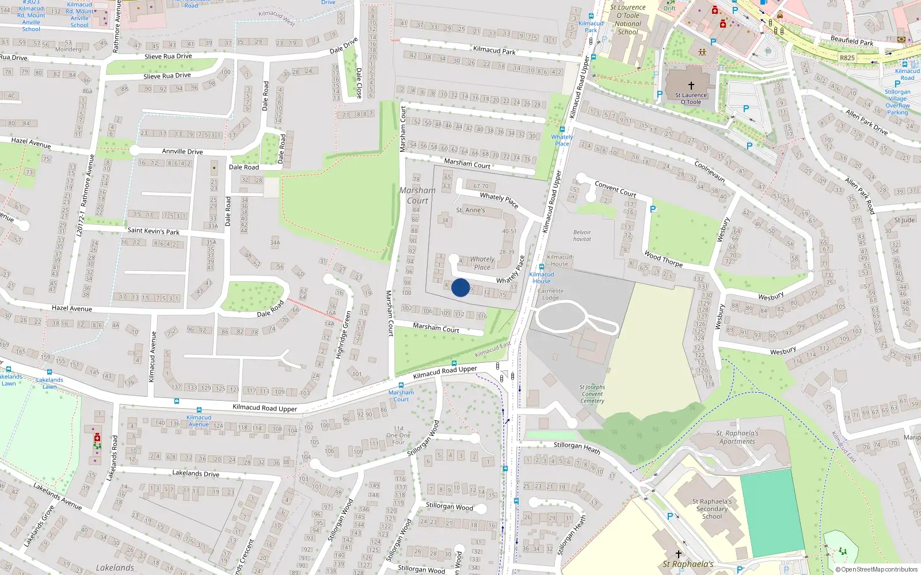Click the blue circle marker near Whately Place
tap(461, 287)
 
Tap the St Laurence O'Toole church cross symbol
tap(691, 86)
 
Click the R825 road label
tap(847, 57)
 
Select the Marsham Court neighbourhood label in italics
tap(417, 195)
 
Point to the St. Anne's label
tap(470, 210)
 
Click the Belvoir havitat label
tap(582, 236)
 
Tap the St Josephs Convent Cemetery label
tap(592, 394)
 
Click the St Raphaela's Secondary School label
tap(712, 508)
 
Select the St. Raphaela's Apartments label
tap(737, 438)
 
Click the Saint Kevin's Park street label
tap(153, 231)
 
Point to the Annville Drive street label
tap(182, 152)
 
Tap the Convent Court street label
tap(615, 189)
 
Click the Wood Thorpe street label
tap(664, 259)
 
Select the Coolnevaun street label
tap(710, 171)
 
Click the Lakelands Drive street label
tap(196, 473)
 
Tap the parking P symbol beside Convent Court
tap(653, 209)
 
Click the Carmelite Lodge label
tap(550, 294)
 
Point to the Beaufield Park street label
tap(852, 41)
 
